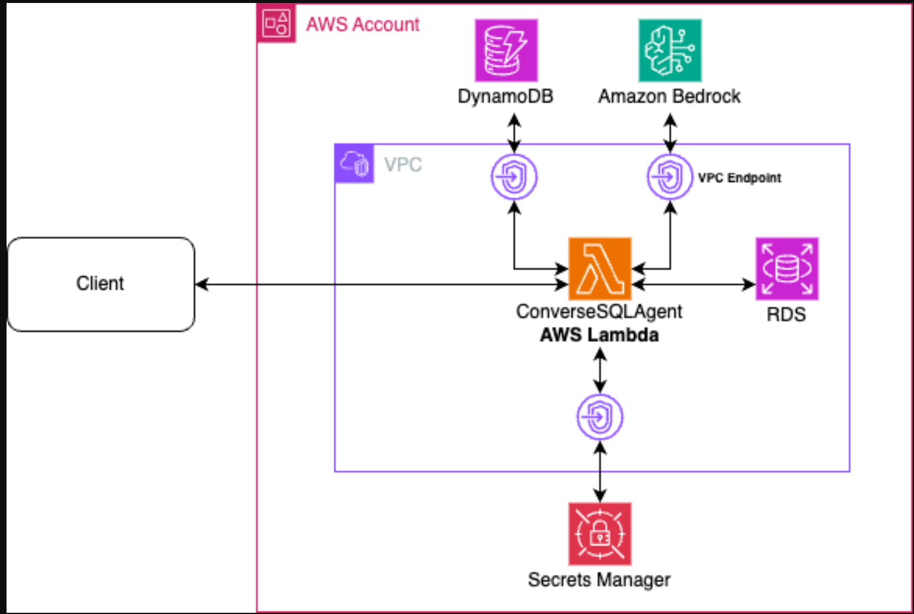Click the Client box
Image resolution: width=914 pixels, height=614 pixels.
pos(101,284)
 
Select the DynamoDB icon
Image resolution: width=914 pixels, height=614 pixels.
pos(506,51)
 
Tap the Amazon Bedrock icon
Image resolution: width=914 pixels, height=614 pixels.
pos(670,51)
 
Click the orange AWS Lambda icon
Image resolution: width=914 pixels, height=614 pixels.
pos(600,269)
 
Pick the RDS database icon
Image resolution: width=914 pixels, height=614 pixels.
pos(787,269)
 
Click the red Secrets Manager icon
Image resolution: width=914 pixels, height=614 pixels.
pos(600,534)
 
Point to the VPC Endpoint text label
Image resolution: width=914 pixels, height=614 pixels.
pos(739,178)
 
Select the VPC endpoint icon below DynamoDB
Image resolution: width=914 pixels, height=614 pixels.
pos(514,177)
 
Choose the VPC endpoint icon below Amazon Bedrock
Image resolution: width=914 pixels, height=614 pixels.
pos(670,177)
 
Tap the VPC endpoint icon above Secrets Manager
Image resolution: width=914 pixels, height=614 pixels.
pos(600,417)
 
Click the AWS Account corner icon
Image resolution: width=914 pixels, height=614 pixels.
pos(276,24)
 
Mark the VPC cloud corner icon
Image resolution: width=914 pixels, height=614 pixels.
pos(354,163)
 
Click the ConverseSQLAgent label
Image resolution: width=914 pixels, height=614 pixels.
pos(599,311)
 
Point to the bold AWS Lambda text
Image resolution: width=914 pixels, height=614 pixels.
pos(599,335)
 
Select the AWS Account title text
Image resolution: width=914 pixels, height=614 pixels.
pos(363,24)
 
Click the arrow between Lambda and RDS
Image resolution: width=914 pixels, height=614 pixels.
pos(694,285)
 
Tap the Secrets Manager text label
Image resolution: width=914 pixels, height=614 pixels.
pos(599,580)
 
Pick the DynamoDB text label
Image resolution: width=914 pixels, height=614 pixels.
pos(505,96)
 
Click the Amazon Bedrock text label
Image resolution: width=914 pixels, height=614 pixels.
pos(669,96)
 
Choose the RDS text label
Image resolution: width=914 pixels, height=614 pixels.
pos(786,314)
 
